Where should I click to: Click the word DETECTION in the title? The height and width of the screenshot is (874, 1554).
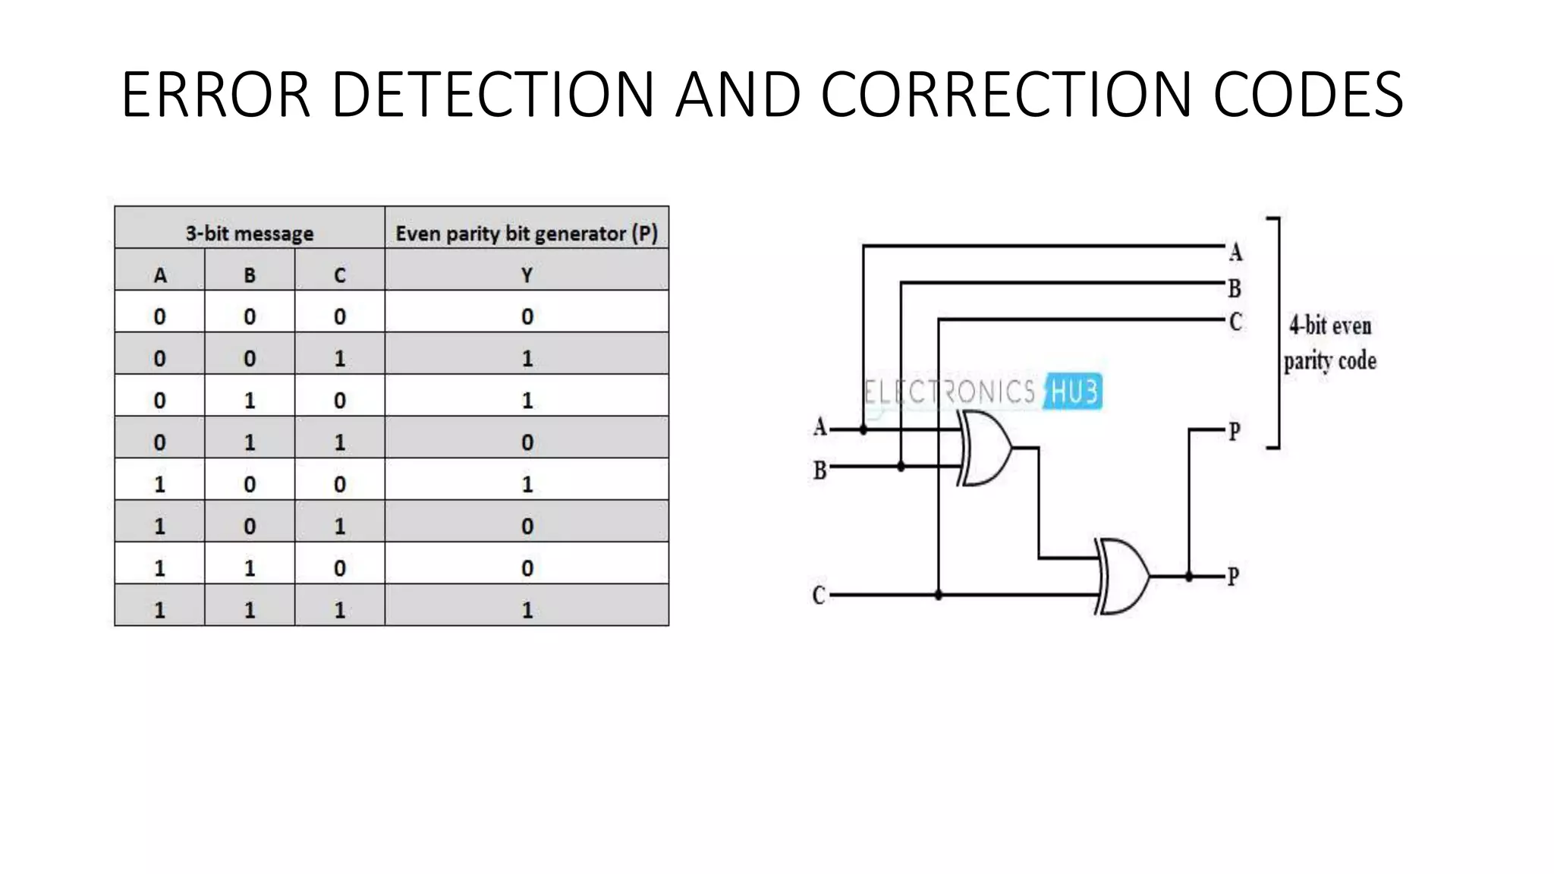[492, 94]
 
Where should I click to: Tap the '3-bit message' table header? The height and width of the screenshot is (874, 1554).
[249, 233]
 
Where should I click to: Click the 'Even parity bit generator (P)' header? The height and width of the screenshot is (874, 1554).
[527, 233]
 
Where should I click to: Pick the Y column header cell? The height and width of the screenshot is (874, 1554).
[527, 275]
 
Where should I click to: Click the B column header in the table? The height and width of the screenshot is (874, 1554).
[250, 275]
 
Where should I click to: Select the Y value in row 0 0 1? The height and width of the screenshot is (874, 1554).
[527, 358]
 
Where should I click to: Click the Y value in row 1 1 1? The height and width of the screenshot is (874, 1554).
[527, 610]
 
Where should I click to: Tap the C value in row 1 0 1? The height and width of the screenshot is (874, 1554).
[339, 526]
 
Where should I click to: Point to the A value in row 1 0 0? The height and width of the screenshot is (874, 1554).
[159, 484]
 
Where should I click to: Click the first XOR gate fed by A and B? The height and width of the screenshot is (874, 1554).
[985, 448]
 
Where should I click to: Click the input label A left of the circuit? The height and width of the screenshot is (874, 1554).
[819, 427]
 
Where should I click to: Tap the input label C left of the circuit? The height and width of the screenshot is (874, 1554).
[819, 595]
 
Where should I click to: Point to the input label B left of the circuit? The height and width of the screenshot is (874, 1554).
[819, 470]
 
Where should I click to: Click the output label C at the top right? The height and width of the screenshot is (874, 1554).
[1235, 322]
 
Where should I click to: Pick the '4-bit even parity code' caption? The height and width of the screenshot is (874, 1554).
[1330, 343]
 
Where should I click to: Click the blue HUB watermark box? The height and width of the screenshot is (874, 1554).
[1074, 392]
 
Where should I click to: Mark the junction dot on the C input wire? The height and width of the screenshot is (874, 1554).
[939, 596]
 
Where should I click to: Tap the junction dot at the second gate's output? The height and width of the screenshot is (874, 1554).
[1189, 577]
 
